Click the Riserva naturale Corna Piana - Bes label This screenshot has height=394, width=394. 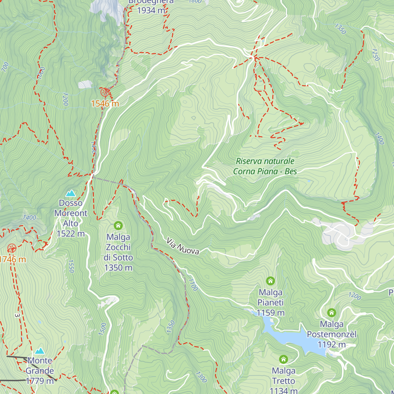(x=265, y=166)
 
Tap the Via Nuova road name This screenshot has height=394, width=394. (x=183, y=247)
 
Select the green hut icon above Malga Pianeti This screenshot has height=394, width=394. (x=270, y=281)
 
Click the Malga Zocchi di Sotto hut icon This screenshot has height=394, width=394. (x=118, y=226)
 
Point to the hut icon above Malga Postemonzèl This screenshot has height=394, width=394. (x=332, y=313)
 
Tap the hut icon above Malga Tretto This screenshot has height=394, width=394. (x=283, y=360)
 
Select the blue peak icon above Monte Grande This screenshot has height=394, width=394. (x=40, y=351)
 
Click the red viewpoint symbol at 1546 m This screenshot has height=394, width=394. (x=105, y=92)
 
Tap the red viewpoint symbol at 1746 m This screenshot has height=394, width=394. (x=12, y=248)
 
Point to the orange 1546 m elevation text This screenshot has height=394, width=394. (x=105, y=104)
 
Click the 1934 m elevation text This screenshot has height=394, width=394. (x=151, y=11)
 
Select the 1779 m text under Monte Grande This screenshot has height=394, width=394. (x=40, y=381)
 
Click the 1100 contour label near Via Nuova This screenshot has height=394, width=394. (x=193, y=285)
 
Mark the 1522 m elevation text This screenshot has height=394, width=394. (x=71, y=234)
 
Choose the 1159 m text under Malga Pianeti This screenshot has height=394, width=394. (x=271, y=313)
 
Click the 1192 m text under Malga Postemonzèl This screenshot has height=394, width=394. (x=332, y=345)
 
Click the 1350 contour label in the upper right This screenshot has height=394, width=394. (x=340, y=29)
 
